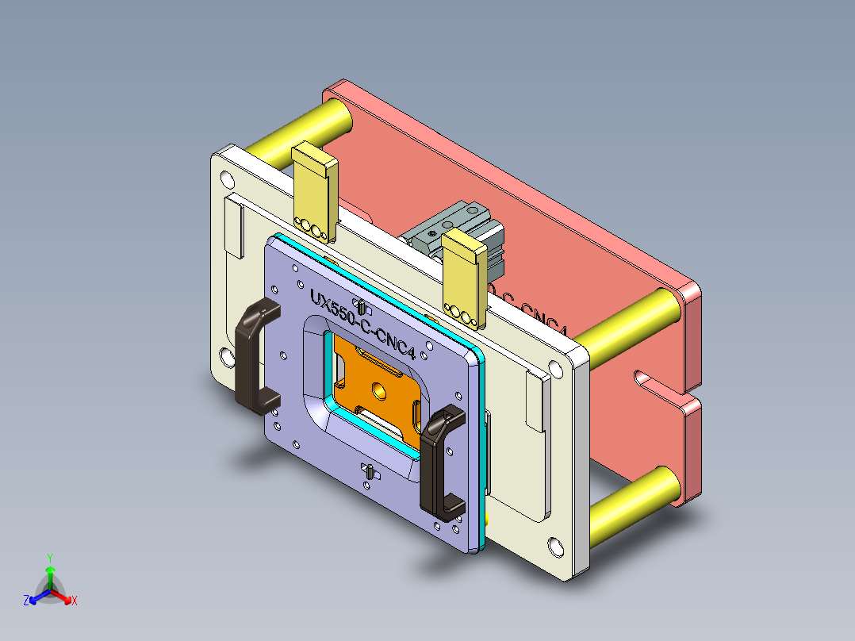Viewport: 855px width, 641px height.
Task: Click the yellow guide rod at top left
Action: click(301, 131)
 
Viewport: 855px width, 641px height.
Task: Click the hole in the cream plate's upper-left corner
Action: click(227, 177)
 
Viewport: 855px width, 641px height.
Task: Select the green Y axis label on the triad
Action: click(49, 557)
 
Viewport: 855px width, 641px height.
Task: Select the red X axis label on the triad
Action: click(75, 601)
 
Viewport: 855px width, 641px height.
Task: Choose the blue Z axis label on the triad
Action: click(26, 601)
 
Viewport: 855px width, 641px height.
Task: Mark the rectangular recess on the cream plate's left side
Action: click(233, 228)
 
